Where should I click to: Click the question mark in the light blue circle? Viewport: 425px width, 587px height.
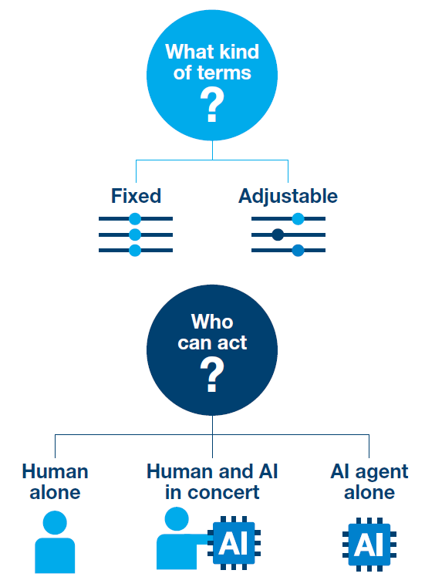click(211, 106)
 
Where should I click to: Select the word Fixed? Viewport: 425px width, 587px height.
click(136, 196)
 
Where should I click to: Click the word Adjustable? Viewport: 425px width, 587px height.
click(288, 196)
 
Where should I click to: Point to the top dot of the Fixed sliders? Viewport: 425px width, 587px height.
click(135, 219)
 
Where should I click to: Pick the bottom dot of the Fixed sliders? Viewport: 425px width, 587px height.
click(135, 250)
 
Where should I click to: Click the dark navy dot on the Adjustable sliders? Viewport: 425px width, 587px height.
click(278, 234)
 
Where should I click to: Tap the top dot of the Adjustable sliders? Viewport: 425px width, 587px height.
click(298, 219)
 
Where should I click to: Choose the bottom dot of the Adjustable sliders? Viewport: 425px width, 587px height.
click(298, 250)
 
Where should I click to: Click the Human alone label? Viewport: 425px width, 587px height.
click(55, 481)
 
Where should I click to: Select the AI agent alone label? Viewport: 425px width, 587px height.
click(369, 481)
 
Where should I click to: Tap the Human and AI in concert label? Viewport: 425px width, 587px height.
click(212, 481)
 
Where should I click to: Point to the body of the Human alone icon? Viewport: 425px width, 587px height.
click(55, 555)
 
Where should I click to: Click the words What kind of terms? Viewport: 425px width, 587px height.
click(212, 63)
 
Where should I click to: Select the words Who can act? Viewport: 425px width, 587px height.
click(212, 332)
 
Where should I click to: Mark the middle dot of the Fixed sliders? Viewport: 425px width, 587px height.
click(135, 234)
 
